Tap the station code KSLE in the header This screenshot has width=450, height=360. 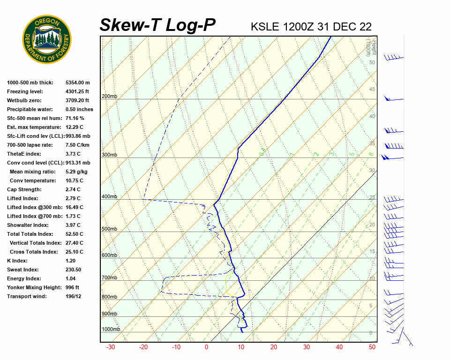265,27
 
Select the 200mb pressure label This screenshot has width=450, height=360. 109,97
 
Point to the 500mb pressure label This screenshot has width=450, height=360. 109,229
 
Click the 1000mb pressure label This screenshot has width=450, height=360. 111,330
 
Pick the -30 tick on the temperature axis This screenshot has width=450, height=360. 111,347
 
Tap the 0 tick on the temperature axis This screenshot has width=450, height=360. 206,347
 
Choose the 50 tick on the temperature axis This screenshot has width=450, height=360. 372,347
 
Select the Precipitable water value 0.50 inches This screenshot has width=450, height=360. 79,110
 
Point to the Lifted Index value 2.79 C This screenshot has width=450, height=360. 73,199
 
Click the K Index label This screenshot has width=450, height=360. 17,261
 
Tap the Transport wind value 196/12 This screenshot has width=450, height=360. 74,297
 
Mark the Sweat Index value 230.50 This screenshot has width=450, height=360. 74,270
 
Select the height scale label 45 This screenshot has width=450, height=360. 372,90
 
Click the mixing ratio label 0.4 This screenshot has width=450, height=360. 262,151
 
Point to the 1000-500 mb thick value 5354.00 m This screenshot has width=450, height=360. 78,83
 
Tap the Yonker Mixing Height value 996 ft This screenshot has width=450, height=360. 72,288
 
